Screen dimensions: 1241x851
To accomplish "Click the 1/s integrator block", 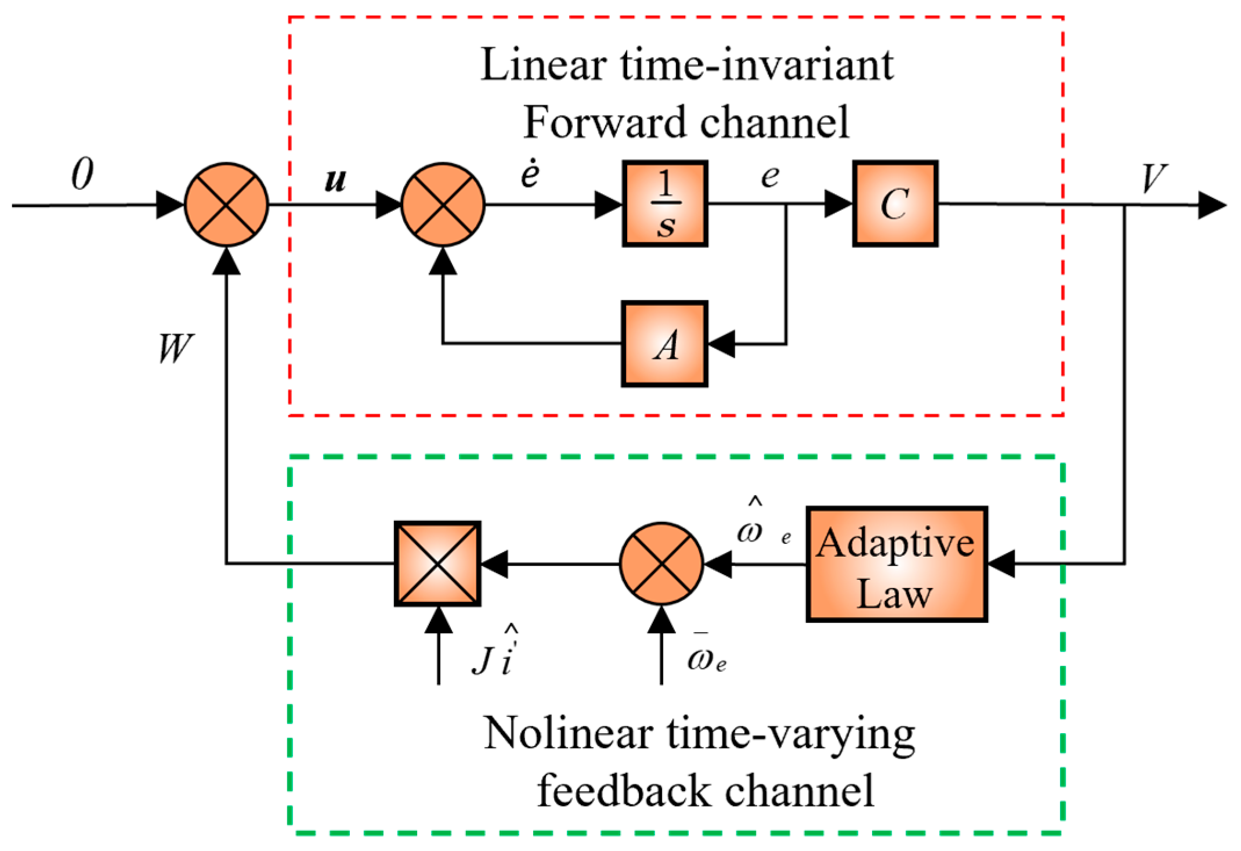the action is point(665,204).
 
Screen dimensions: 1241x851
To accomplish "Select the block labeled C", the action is point(895,204).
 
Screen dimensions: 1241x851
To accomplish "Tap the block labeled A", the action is point(665,344).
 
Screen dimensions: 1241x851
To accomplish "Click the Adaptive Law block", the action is point(897,564).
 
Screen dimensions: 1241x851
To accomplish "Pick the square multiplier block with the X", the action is point(437,564).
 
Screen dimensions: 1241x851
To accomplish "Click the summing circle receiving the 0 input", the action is point(226,204).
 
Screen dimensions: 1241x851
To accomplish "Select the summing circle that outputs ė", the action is point(443,204).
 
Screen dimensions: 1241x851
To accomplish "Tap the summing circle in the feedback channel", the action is point(661,564).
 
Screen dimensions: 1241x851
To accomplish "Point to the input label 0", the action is point(82,174).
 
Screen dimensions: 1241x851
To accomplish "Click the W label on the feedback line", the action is point(176,348).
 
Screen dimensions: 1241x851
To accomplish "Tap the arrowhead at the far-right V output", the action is point(1213,205).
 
